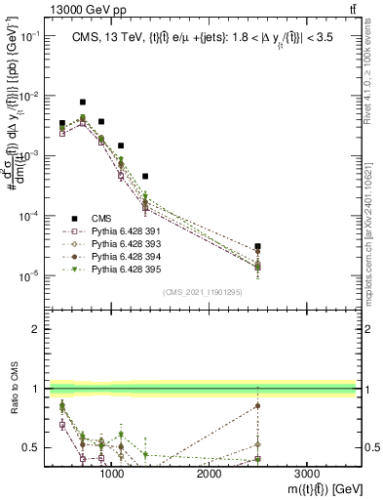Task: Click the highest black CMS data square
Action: click(83, 102)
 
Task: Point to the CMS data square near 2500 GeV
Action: click(257, 247)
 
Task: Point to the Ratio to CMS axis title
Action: click(14, 389)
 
